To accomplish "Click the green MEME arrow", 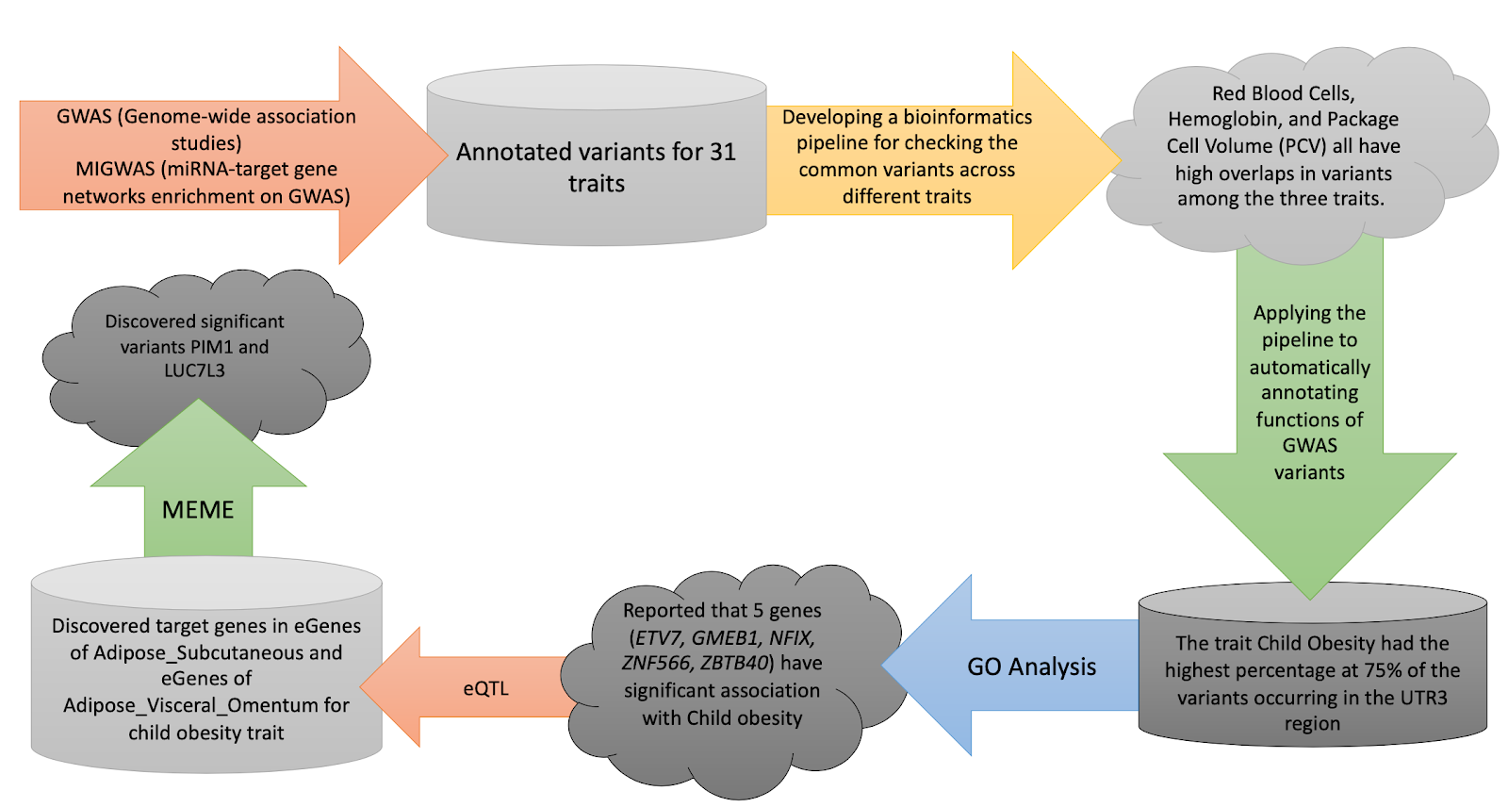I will [198, 510].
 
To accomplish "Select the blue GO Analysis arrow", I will [1031, 667].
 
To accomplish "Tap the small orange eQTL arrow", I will [485, 688].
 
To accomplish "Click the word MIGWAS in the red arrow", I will [114, 170].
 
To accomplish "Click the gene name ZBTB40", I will [734, 663].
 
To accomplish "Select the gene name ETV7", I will [657, 637].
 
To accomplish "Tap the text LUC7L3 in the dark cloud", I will [194, 371].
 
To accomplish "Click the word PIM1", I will [212, 347].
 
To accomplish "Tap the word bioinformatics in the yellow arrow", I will [967, 117].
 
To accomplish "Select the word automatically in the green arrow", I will [1309, 367].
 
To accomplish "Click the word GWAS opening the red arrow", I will [83, 117].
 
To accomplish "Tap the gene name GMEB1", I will [725, 637].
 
